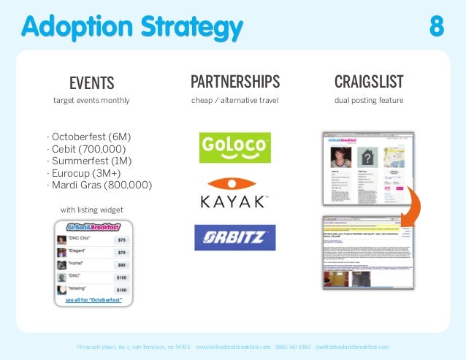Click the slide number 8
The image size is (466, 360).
(x=437, y=27)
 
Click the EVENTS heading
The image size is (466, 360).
(x=91, y=80)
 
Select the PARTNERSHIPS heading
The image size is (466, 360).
(x=234, y=80)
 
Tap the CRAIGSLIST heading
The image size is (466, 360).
(x=369, y=80)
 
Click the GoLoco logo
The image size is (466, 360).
(x=235, y=147)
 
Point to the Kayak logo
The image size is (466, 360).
(x=235, y=193)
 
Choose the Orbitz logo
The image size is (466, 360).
(x=234, y=238)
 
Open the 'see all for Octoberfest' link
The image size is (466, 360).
(x=93, y=300)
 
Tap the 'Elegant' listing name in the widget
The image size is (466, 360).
(x=78, y=252)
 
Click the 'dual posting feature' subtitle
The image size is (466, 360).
(x=369, y=100)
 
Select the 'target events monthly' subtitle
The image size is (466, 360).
(x=91, y=100)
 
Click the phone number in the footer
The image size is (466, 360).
(x=293, y=347)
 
